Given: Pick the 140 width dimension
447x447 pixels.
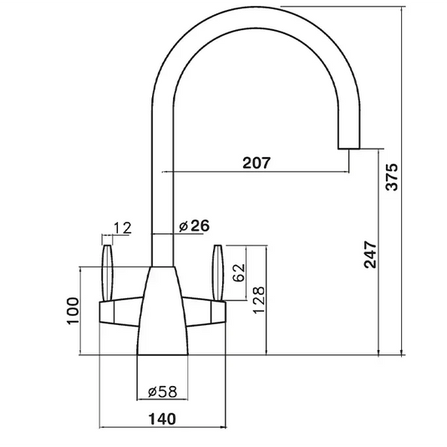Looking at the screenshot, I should (x=164, y=419).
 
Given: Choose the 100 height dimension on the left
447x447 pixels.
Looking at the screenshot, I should (x=74, y=310).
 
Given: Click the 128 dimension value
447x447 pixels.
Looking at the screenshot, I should (x=258, y=300).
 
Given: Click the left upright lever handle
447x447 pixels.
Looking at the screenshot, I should (x=108, y=269).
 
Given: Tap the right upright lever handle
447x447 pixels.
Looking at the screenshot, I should (x=220, y=269).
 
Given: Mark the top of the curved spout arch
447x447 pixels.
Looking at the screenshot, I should (x=259, y=13).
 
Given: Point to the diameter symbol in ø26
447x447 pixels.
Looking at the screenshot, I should (x=182, y=225).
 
